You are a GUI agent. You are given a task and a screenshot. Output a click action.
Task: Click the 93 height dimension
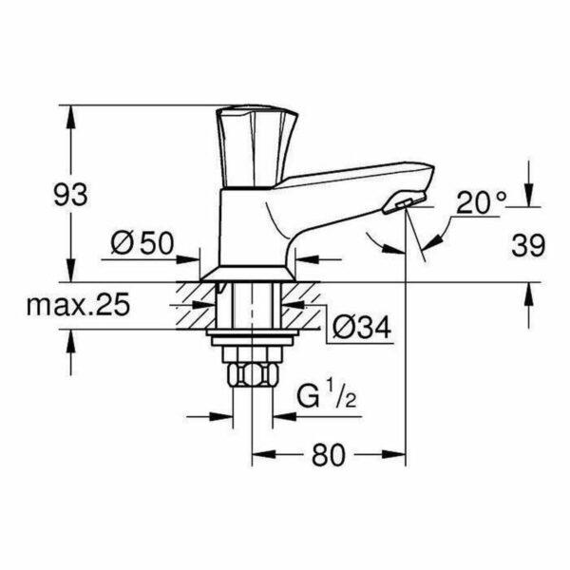pos(70,195)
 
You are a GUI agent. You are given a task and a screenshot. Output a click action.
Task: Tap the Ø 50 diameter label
pos(142,243)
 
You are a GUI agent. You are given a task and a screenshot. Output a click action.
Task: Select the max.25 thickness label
pos(78,304)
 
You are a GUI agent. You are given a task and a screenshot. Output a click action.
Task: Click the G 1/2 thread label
pos(327,397)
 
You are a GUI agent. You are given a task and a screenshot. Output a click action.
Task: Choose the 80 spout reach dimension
pos(328,454)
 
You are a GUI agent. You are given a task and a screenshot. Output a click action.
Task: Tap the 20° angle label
pos(481,202)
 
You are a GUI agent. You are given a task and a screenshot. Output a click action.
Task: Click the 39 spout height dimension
pos(528,245)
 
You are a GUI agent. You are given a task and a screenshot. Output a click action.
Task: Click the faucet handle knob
pos(257,147)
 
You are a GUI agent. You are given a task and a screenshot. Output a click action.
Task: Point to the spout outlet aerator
pos(405,203)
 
